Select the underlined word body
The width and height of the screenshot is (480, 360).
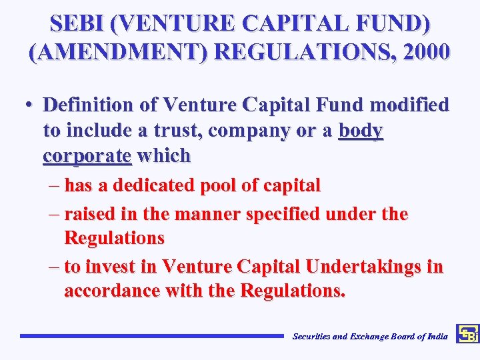(x=361, y=130)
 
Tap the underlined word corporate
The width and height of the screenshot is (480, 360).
(x=87, y=156)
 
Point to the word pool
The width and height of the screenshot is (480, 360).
(x=224, y=185)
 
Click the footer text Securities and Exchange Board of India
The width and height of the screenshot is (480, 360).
(x=370, y=337)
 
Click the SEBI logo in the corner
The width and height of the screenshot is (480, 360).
(x=467, y=333)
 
